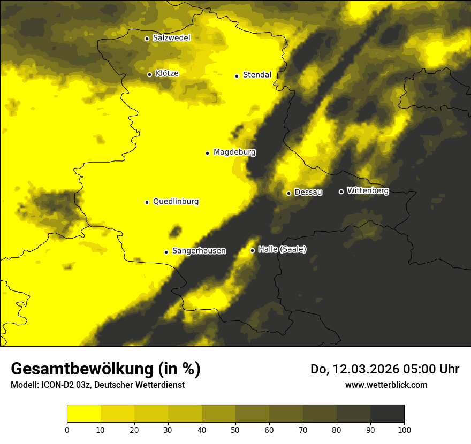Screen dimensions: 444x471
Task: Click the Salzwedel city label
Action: click(171, 38)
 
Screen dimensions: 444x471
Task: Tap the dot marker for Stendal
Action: click(237, 76)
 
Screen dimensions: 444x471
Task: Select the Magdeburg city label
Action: click(234, 152)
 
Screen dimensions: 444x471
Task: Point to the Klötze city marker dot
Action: click(149, 74)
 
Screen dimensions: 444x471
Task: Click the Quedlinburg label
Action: click(176, 202)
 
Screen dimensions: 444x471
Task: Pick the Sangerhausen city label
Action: click(199, 251)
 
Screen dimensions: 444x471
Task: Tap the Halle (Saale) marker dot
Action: click(252, 250)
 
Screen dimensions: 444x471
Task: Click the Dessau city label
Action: click(308, 192)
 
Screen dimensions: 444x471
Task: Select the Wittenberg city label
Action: click(368, 190)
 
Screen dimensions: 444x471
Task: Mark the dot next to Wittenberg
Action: click(341, 192)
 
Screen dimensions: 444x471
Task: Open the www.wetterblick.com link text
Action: click(386, 385)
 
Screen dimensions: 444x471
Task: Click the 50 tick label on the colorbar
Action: click(236, 430)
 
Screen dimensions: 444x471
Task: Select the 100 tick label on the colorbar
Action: click(404, 430)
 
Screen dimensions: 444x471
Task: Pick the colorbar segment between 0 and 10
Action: click(83, 414)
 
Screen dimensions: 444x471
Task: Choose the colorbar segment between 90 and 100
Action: click(387, 414)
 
